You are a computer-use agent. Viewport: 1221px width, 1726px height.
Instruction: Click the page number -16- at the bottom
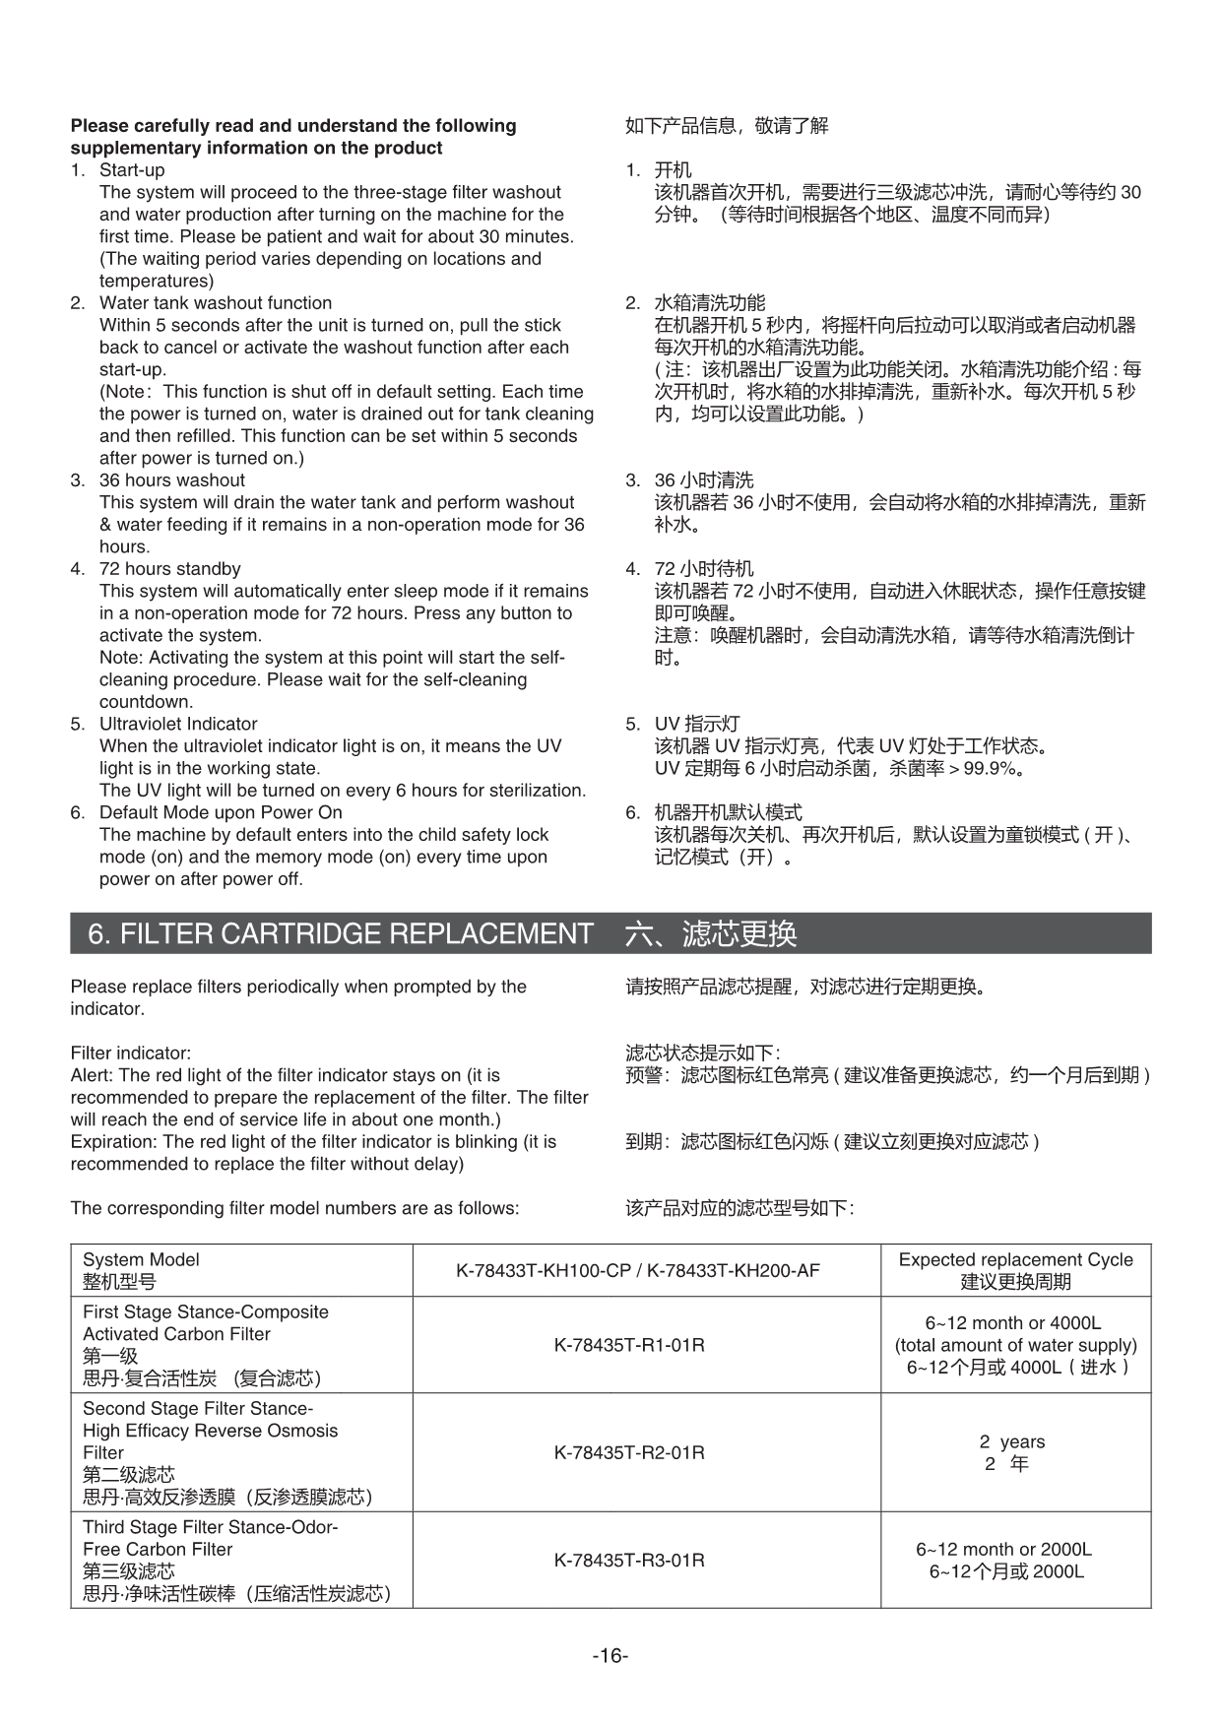[610, 1656]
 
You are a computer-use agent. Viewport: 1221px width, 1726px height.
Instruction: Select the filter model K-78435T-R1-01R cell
[629, 1345]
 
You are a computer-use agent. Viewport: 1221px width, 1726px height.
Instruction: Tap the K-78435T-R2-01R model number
[629, 1452]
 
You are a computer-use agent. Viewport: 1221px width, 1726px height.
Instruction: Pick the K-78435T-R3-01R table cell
[629, 1561]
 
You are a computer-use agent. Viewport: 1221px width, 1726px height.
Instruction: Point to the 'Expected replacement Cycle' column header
[1015, 1260]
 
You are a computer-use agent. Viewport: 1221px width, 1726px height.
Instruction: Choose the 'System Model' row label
[141, 1260]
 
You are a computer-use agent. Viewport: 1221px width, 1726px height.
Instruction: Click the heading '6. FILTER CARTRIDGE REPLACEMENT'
[341, 933]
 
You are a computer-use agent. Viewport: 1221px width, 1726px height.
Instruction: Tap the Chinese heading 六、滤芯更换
[711, 933]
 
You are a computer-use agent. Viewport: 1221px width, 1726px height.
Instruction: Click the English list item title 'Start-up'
[132, 170]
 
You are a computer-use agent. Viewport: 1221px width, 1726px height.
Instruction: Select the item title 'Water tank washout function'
[216, 303]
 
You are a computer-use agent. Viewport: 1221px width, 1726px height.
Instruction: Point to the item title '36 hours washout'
[172, 480]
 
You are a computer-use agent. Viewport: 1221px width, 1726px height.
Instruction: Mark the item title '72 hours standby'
[169, 569]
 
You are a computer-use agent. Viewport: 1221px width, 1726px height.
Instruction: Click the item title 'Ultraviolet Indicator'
[178, 724]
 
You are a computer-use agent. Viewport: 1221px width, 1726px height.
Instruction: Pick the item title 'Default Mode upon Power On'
[221, 812]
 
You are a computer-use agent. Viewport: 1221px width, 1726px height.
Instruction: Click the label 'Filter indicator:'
[131, 1054]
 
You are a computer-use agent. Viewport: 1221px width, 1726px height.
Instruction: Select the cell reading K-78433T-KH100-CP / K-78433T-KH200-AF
[637, 1271]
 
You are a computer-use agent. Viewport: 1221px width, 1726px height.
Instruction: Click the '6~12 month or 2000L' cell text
[1003, 1550]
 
